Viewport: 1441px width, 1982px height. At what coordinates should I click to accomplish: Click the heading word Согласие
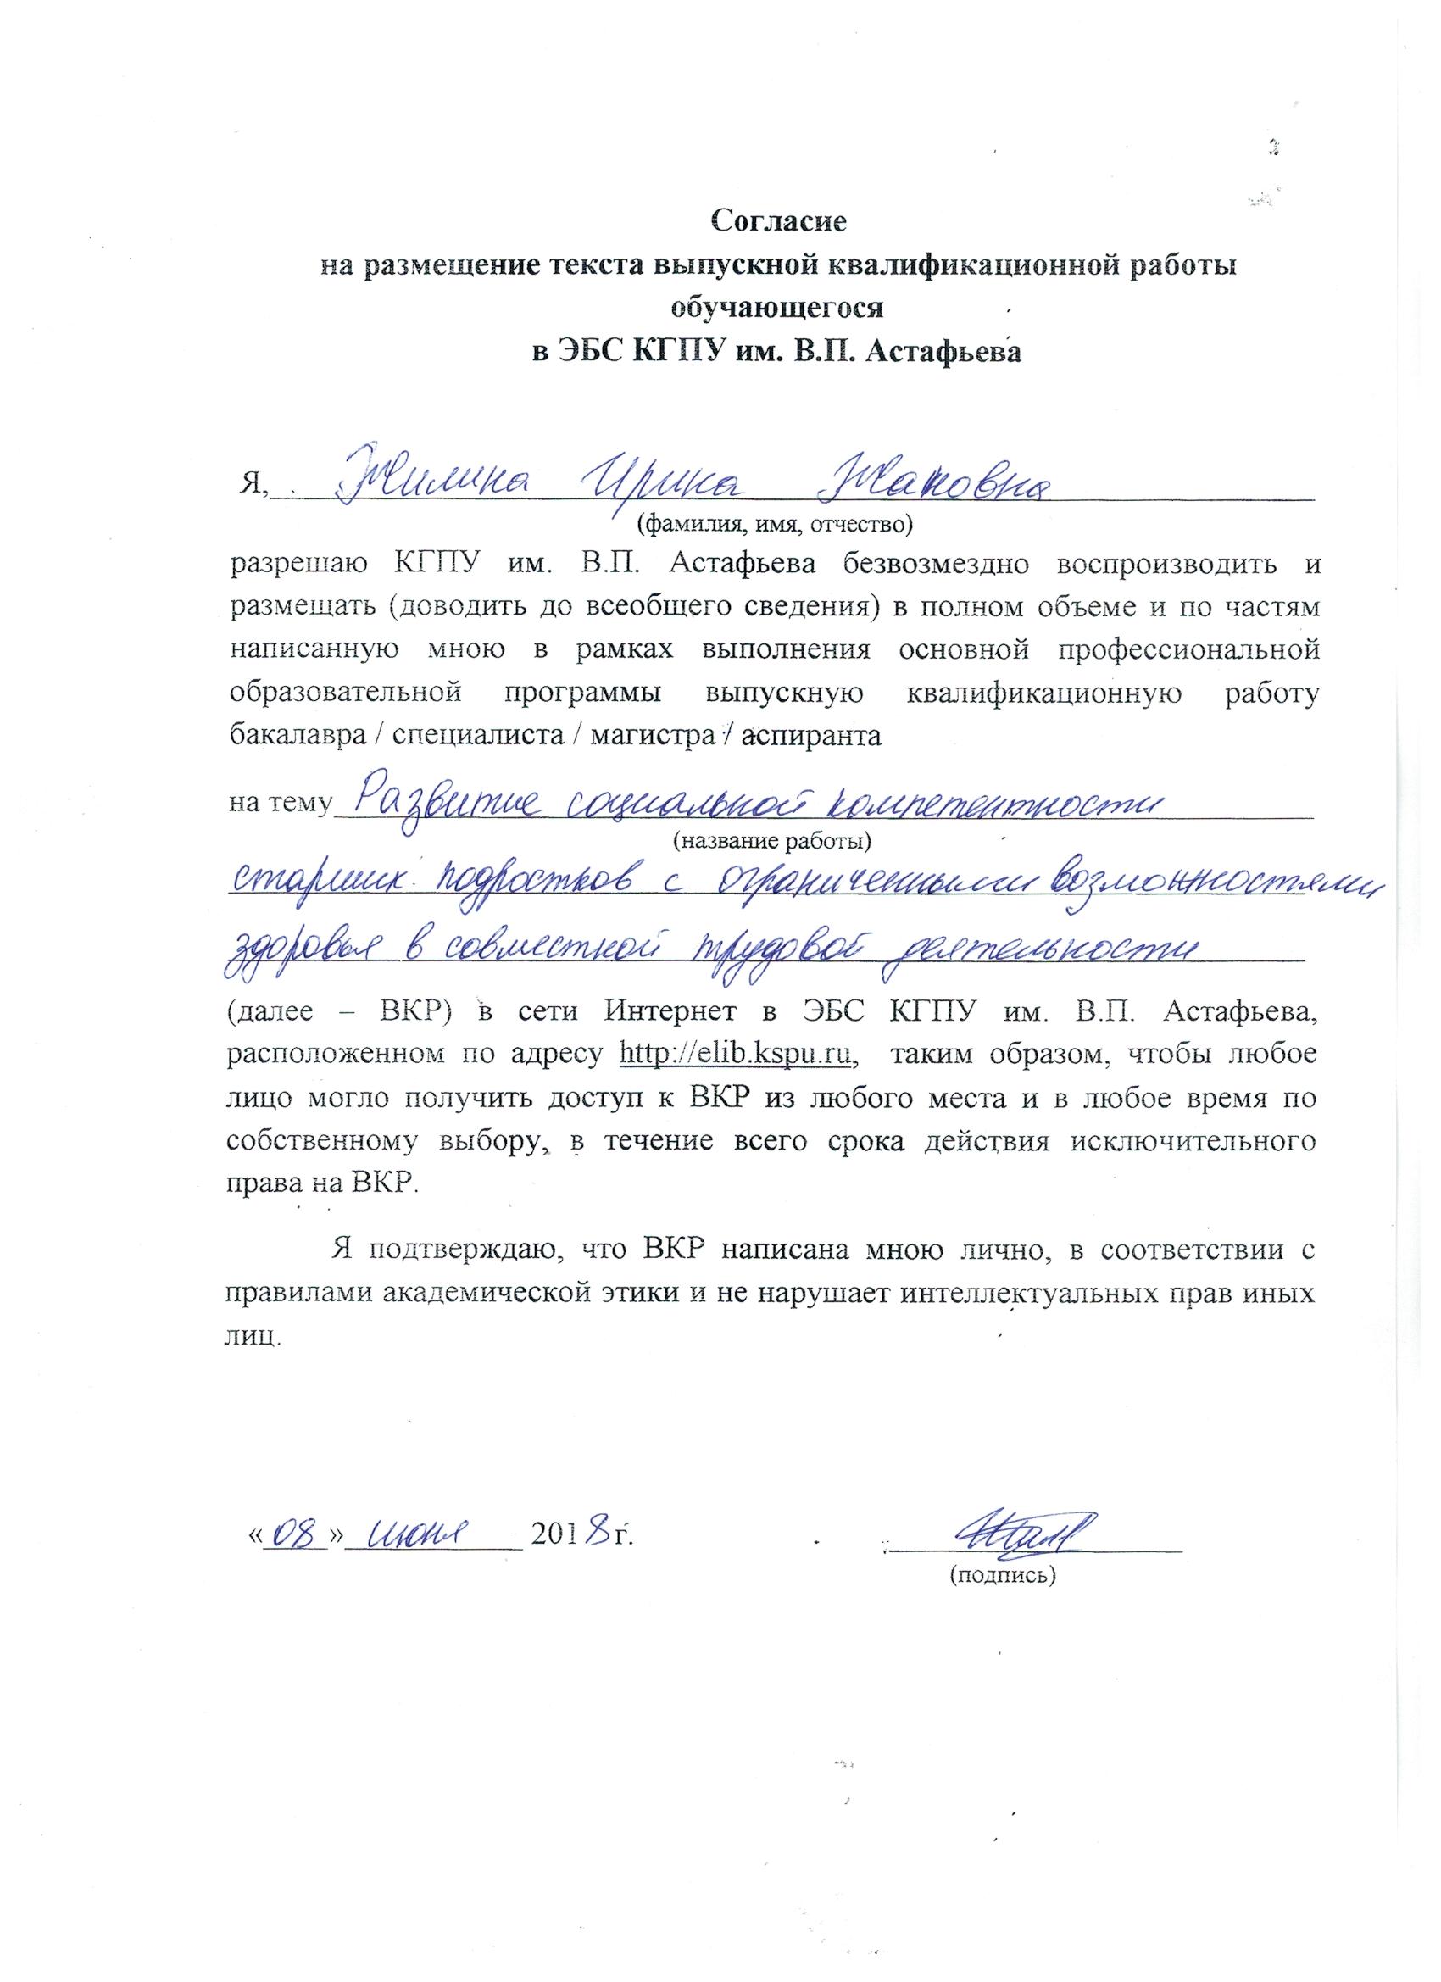point(779,220)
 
